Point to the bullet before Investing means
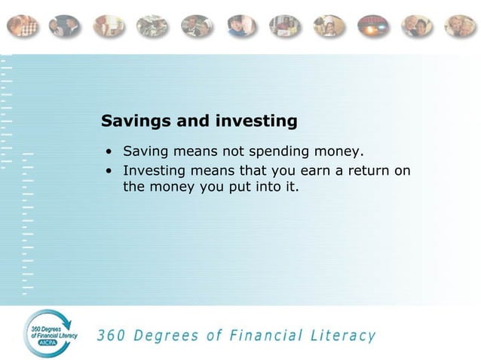coord(109,171)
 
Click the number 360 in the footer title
coord(112,334)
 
